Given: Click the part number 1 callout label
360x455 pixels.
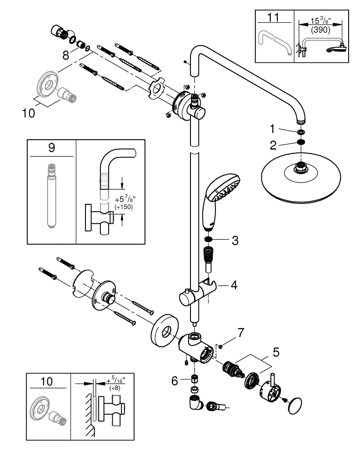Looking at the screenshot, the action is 272,129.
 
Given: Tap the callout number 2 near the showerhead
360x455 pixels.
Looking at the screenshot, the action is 273,146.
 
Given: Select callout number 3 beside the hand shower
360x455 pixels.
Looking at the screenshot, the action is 235,241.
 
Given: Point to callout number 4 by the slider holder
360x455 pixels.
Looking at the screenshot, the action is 234,285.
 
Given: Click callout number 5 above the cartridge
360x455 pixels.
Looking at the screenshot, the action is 276,352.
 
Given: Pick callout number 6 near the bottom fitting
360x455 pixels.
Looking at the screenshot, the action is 175,381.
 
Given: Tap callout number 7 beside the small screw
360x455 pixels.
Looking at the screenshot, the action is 241,333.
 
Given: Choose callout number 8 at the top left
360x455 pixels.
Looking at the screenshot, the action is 66,55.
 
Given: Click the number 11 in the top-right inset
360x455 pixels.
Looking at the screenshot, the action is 273,17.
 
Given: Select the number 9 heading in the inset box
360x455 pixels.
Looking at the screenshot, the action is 52,148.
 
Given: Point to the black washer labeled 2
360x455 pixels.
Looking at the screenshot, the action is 301,142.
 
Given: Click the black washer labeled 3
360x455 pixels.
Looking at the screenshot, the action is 208,239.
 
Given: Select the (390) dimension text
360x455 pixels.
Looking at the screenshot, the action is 320,30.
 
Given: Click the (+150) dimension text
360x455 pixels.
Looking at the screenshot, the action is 124,207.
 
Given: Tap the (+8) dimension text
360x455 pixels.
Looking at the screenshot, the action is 115,388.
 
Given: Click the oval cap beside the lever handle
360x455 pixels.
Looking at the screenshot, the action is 295,405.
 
